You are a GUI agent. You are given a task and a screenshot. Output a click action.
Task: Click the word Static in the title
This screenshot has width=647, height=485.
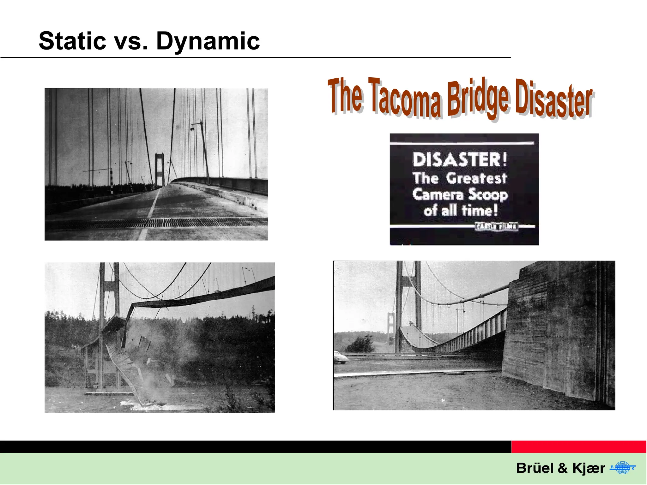pyautogui.click(x=72, y=41)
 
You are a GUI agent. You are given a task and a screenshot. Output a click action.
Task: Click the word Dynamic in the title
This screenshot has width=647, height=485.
pyautogui.click(x=208, y=42)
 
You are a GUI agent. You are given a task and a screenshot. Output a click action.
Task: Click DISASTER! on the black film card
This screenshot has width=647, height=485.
pyautogui.click(x=460, y=159)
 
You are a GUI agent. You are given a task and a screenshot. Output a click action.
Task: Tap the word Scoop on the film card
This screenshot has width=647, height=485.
pyautogui.click(x=488, y=195)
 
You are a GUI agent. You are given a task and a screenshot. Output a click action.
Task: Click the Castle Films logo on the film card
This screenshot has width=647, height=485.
pyautogui.click(x=497, y=226)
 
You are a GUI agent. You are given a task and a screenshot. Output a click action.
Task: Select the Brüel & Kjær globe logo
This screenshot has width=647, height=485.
pyautogui.click(x=622, y=468)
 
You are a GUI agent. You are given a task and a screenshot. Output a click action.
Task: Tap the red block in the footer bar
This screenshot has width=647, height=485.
pyautogui.click(x=578, y=447)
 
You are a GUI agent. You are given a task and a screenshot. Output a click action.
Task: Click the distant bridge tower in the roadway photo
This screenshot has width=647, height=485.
pyautogui.click(x=160, y=169)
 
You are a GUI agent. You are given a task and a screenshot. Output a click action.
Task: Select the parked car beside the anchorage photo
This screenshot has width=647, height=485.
pyautogui.click(x=341, y=358)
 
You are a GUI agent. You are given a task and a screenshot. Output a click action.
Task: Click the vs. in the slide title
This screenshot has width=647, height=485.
pyautogui.click(x=131, y=42)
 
